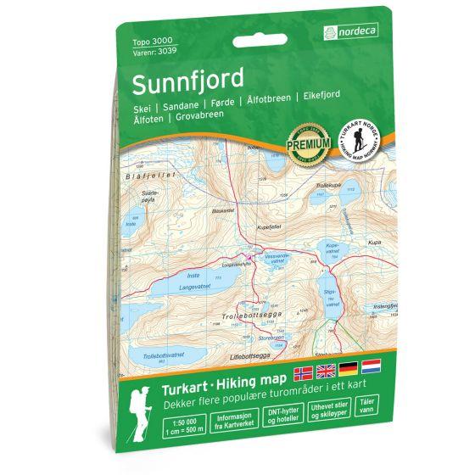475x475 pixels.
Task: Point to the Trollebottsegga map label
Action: click(246, 316)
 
